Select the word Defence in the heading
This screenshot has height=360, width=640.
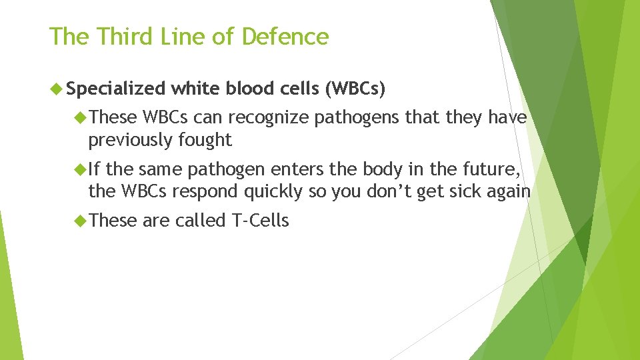point(285,37)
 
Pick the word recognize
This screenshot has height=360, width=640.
point(269,118)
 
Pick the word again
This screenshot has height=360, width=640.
point(507,192)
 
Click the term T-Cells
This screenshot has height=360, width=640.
point(260,221)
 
